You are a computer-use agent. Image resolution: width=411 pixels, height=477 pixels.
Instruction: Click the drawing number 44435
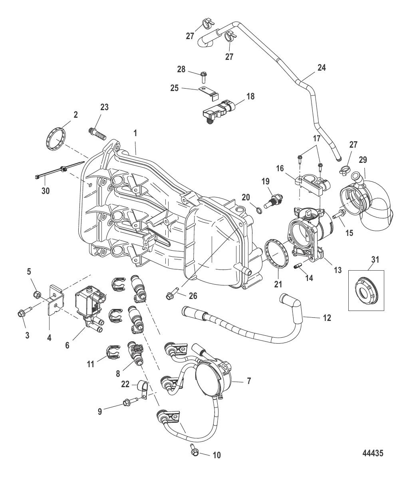pyautogui.click(x=373, y=453)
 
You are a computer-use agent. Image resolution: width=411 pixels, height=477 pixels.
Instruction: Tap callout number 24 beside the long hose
pyautogui.click(x=322, y=67)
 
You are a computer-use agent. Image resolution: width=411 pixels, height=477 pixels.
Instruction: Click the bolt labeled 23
pyautogui.click(x=97, y=134)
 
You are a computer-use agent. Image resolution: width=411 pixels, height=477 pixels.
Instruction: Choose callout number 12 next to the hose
pyautogui.click(x=327, y=318)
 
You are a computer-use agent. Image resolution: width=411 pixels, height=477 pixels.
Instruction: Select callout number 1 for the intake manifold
pyautogui.click(x=135, y=133)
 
